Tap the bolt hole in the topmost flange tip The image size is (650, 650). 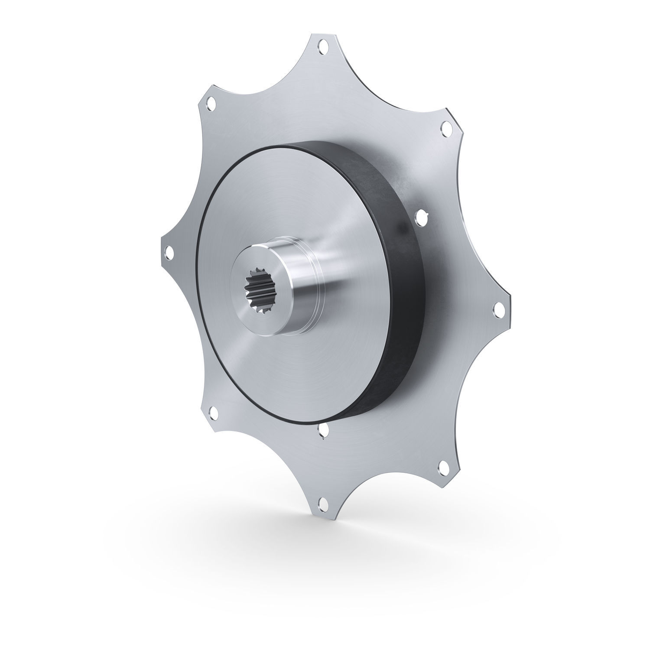pos(322,46)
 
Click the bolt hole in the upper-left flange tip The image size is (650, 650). pos(211,104)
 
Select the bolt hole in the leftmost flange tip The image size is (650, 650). pos(168,252)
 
